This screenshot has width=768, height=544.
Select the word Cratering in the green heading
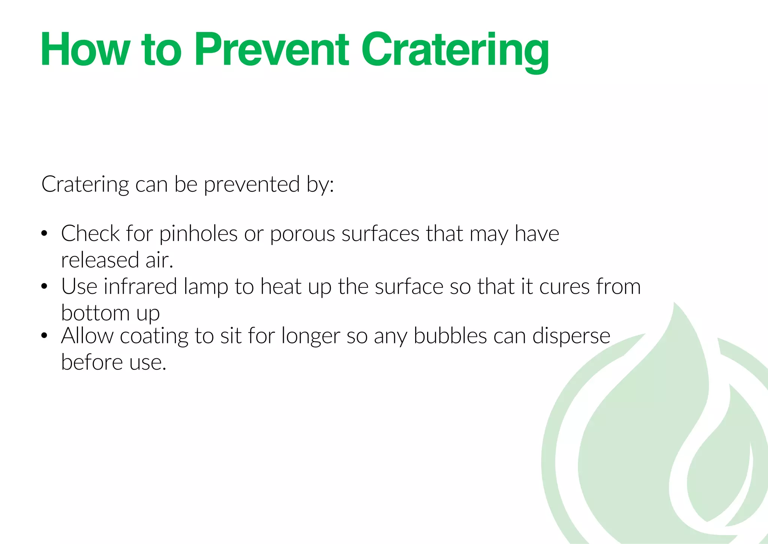pos(454,51)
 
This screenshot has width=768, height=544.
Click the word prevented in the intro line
pos(252,185)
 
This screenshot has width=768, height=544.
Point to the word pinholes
pos(198,234)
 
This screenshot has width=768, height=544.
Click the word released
pos(100,260)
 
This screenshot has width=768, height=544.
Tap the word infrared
pos(140,287)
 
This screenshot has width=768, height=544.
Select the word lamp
pos(206,287)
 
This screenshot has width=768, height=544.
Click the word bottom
pos(95,313)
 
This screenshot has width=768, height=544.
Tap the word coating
pos(154,336)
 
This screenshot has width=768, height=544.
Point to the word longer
pos(310,336)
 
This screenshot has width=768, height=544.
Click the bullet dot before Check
pos(44,234)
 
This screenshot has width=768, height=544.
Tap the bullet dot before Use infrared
pos(44,287)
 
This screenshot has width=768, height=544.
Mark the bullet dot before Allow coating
pos(44,336)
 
